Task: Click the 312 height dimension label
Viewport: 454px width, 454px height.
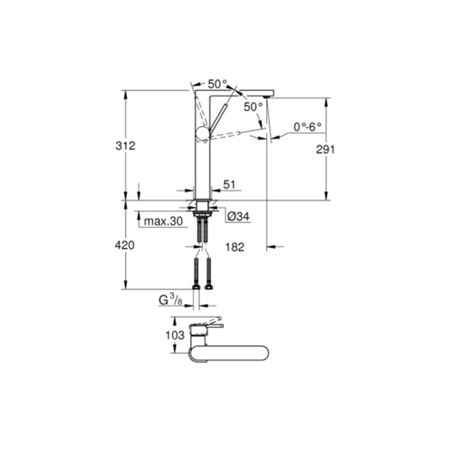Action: [x=126, y=146]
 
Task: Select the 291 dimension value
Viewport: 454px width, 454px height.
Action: [x=325, y=149]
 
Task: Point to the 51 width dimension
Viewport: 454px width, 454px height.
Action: [x=229, y=185]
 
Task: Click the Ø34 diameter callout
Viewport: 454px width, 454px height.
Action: [x=239, y=216]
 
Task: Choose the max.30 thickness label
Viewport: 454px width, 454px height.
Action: [x=163, y=221]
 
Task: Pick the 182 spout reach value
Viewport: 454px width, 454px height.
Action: [x=235, y=247]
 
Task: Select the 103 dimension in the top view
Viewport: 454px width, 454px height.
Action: [x=175, y=336]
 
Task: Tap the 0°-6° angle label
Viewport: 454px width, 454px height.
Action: [x=308, y=127]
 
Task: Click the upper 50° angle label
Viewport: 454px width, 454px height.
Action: [x=218, y=84]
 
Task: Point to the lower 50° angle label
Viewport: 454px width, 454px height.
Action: [x=253, y=107]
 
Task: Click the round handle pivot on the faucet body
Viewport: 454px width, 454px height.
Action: [x=203, y=133]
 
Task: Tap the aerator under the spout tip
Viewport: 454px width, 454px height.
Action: [x=266, y=96]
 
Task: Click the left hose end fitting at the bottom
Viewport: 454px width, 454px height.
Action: [x=196, y=287]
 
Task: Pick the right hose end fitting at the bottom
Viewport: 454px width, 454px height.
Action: [x=209, y=287]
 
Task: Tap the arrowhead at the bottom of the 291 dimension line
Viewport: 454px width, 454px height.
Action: [x=326, y=196]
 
